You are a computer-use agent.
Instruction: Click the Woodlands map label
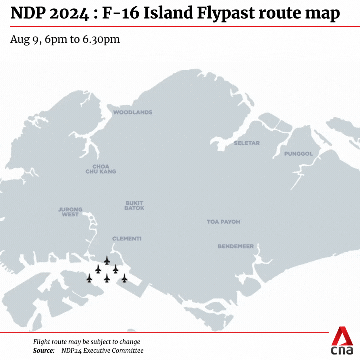click(133, 112)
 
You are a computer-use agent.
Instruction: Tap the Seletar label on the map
click(247, 143)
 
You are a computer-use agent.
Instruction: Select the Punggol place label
click(298, 154)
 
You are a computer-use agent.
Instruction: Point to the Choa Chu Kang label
click(101, 169)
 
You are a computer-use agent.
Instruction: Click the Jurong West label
click(70, 212)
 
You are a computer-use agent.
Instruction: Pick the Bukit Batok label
click(134, 205)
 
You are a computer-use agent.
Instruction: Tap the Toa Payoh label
click(223, 222)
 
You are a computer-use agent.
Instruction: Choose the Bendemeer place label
click(236, 246)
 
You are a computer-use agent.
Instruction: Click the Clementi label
click(127, 239)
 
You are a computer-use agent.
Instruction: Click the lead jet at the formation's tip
click(107, 260)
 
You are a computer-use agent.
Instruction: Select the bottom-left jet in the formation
click(89, 278)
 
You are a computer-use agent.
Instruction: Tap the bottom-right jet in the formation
click(124, 278)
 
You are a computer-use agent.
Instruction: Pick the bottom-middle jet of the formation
click(107, 278)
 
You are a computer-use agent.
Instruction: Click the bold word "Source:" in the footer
click(44, 350)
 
